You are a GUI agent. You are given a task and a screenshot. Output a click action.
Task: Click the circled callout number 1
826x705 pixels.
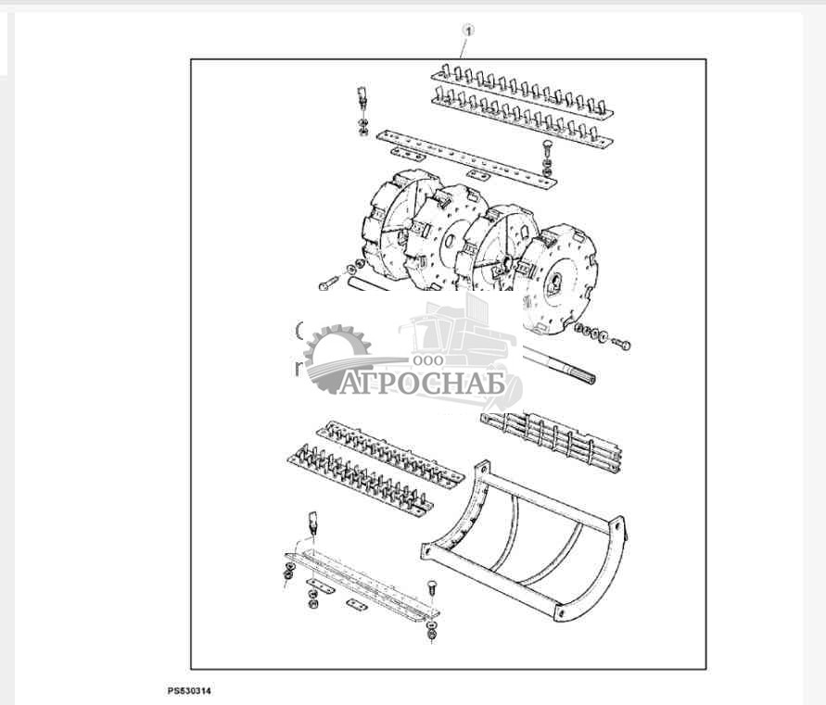468,31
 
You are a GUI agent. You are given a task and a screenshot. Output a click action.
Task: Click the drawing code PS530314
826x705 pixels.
189,690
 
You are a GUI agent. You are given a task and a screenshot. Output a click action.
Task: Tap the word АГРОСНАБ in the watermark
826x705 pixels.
423,383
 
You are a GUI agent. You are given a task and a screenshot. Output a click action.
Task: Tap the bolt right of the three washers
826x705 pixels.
622,344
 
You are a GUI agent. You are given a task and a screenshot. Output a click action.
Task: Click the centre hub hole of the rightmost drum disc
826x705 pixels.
555,284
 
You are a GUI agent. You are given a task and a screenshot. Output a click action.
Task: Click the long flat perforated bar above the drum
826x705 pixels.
466,159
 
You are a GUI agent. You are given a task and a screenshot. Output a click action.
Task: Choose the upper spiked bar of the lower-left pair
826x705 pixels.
390,453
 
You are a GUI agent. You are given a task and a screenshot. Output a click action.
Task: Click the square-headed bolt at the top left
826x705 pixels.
362,98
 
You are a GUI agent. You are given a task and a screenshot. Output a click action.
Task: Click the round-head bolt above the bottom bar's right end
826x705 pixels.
431,588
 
